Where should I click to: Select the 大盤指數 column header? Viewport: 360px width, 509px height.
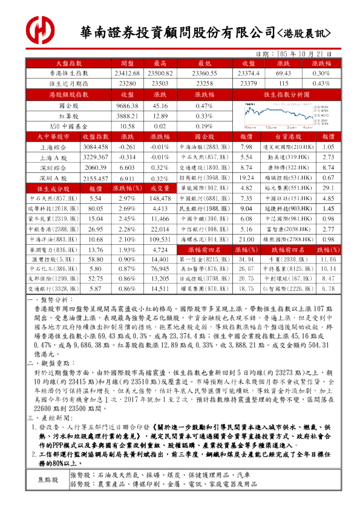68,63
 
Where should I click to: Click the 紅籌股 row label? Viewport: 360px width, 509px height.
68,116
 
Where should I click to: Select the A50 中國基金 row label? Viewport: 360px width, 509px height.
68,126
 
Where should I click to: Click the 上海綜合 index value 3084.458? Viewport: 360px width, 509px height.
95,147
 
